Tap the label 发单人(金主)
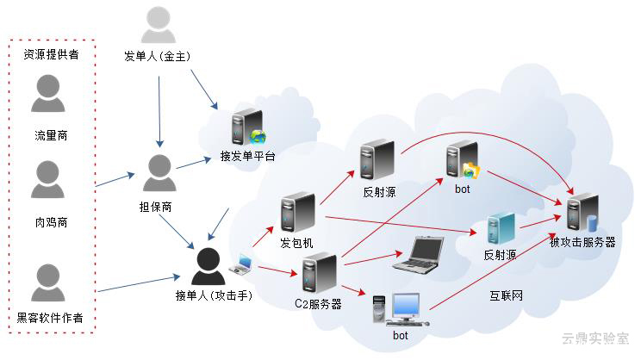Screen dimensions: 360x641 coord(157,57)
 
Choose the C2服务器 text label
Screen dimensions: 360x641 coord(318,303)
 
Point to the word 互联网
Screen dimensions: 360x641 coord(506,296)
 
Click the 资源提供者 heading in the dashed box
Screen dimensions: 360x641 coord(50,54)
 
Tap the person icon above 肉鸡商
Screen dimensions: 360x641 coord(48,182)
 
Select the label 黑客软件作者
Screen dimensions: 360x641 coord(50,318)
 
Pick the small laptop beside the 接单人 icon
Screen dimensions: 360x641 coord(240,264)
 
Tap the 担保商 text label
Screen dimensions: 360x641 coord(156,208)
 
